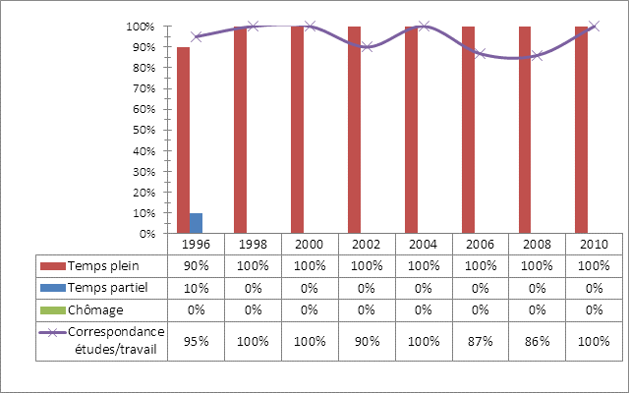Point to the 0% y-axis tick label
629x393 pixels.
click(149, 234)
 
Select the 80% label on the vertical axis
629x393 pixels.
click(146, 68)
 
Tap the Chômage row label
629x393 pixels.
click(95, 309)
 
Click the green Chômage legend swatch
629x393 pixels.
click(52, 309)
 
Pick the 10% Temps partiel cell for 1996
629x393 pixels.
click(197, 288)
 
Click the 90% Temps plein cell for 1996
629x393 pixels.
click(197, 266)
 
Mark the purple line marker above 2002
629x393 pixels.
click(367, 47)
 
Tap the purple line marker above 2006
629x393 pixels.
click(481, 53)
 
